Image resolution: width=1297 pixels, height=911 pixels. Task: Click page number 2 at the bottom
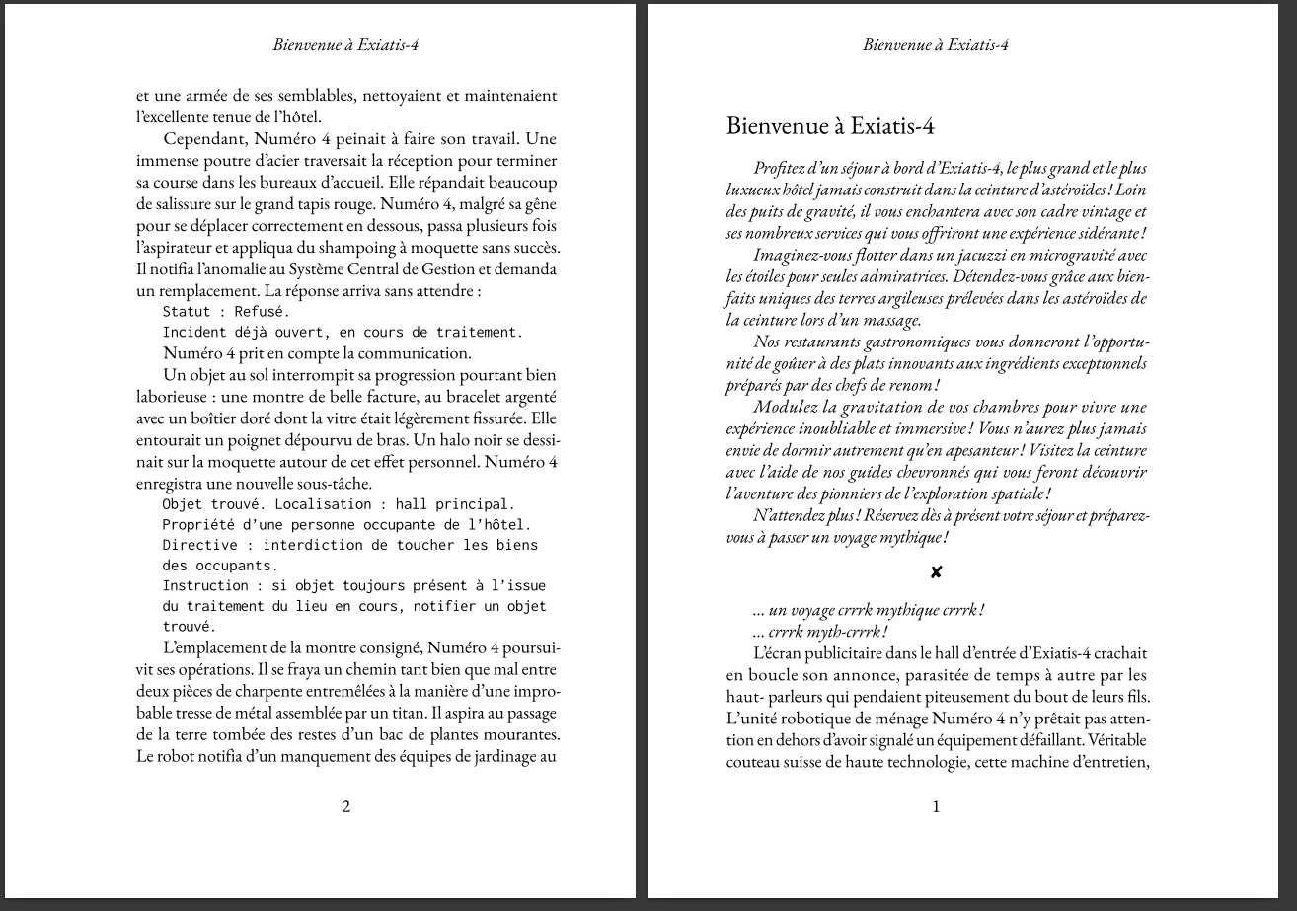345,806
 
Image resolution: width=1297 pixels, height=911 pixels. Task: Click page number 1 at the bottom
936,806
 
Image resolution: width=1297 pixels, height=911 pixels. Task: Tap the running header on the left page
345,44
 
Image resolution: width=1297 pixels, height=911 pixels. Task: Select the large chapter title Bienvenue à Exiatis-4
830,126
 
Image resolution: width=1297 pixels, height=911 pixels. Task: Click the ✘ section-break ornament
936,572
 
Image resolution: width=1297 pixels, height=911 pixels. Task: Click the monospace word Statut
188,312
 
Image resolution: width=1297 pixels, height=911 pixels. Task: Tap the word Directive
200,545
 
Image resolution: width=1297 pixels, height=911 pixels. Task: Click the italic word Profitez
782,169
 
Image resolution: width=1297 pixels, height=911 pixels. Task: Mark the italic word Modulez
785,407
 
